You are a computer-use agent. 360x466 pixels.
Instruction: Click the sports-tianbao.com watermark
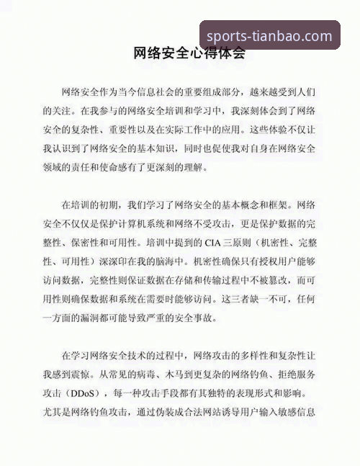(269, 36)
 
